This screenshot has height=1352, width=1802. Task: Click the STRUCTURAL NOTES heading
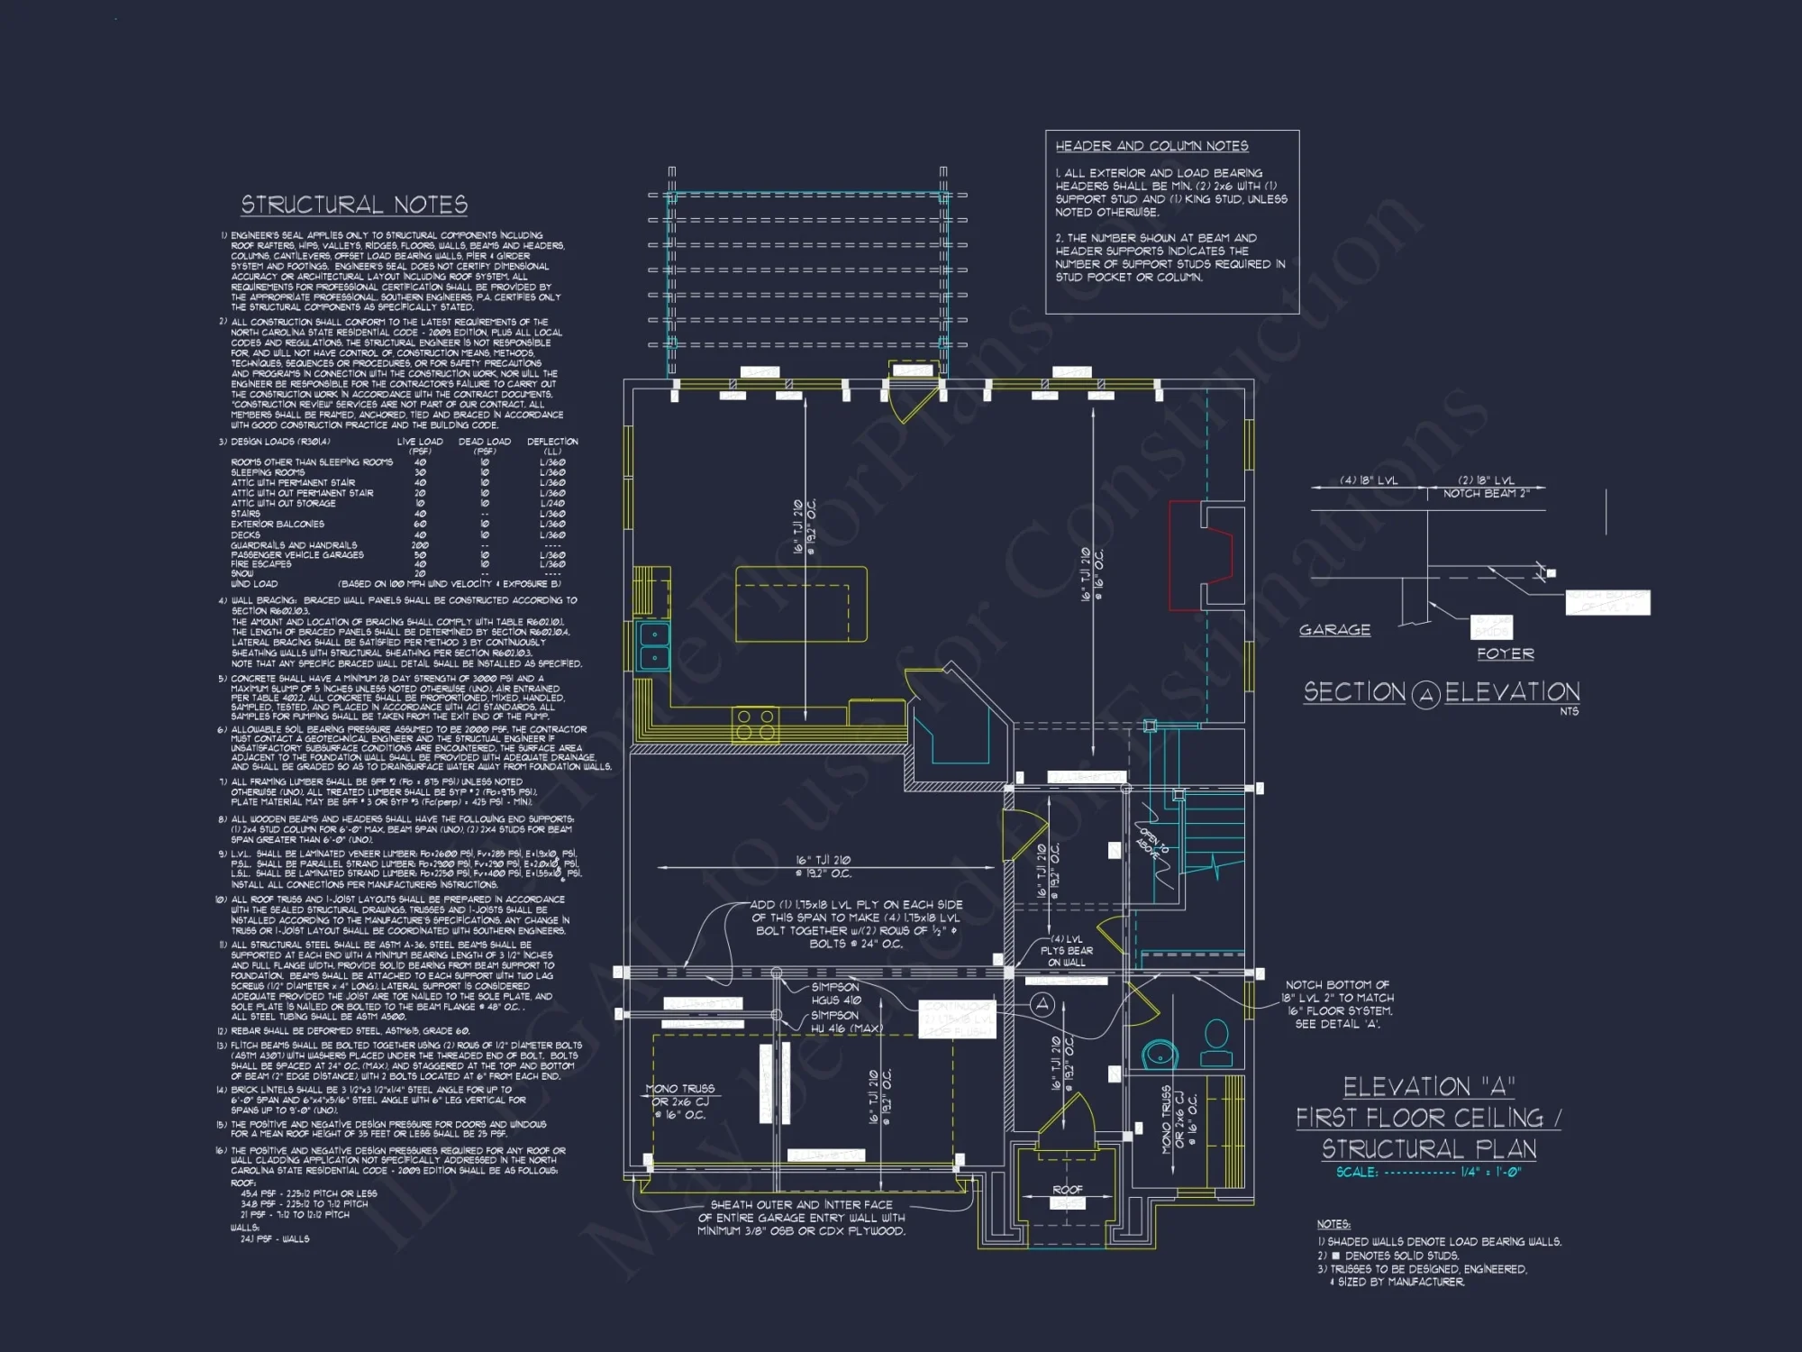click(x=354, y=206)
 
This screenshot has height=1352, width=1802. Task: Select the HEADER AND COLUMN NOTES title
click(x=1151, y=146)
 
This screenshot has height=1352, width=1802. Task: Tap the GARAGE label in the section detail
click(x=1334, y=630)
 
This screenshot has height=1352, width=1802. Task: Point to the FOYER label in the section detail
click(x=1505, y=653)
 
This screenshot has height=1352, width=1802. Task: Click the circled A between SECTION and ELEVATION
click(x=1425, y=695)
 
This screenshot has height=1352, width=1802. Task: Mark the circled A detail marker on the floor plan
click(x=1042, y=1004)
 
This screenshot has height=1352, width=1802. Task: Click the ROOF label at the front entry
click(x=1067, y=1190)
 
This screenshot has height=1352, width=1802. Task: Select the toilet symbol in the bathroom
click(x=1216, y=1045)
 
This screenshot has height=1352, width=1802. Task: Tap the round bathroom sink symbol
click(x=1159, y=1054)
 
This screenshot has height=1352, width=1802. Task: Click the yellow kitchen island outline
click(x=801, y=604)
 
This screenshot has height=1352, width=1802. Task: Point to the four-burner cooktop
click(x=755, y=724)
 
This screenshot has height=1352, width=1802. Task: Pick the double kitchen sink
click(x=654, y=646)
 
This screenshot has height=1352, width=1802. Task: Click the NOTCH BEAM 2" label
click(x=1486, y=493)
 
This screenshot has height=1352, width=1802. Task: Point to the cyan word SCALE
click(x=1356, y=1173)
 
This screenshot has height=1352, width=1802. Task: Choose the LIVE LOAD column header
click(x=420, y=442)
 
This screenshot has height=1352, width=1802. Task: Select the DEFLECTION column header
click(x=552, y=442)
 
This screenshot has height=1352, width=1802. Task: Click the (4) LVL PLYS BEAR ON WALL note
click(x=1067, y=950)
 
